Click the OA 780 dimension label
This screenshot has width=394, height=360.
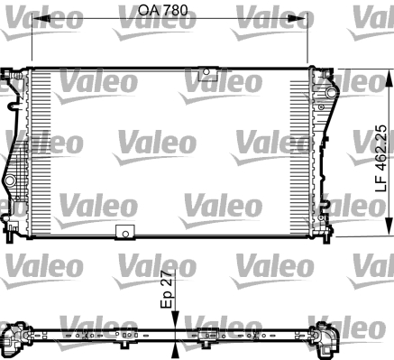pos(164,11)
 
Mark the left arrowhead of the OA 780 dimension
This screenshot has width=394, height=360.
pos(36,22)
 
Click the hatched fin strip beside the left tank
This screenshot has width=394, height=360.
pos(41,149)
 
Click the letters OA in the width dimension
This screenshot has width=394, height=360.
pos(148,11)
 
